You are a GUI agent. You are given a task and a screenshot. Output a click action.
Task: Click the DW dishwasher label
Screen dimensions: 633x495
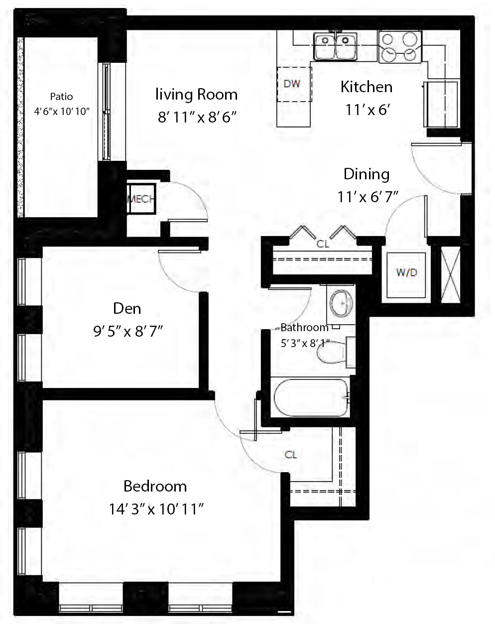click(x=292, y=84)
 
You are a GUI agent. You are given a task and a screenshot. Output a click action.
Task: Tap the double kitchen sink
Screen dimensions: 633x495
click(x=335, y=46)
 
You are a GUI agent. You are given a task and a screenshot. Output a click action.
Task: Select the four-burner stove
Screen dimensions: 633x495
click(x=399, y=47)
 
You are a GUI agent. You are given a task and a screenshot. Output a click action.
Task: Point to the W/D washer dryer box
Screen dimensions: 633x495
click(x=407, y=273)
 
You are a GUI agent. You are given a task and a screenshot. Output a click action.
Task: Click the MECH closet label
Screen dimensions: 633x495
click(x=141, y=199)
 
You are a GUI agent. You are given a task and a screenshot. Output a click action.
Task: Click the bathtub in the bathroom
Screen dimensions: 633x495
click(x=310, y=397)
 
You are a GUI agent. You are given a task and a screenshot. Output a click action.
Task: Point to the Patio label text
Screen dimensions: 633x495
click(x=61, y=97)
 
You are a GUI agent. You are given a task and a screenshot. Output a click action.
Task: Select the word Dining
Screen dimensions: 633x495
click(x=367, y=174)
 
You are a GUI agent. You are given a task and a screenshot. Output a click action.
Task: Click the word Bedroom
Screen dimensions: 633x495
click(x=155, y=486)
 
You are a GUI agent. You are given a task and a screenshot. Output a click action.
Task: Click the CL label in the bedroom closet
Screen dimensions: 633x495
click(x=291, y=455)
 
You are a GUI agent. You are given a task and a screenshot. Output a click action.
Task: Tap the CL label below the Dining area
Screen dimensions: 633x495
click(x=323, y=244)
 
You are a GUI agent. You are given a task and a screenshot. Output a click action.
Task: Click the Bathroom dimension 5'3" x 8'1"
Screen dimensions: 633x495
click(x=305, y=343)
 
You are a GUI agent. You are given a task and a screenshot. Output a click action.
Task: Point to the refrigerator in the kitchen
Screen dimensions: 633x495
click(x=441, y=105)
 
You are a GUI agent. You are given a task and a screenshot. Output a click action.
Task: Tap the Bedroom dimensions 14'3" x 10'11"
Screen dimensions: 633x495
click(x=157, y=509)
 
